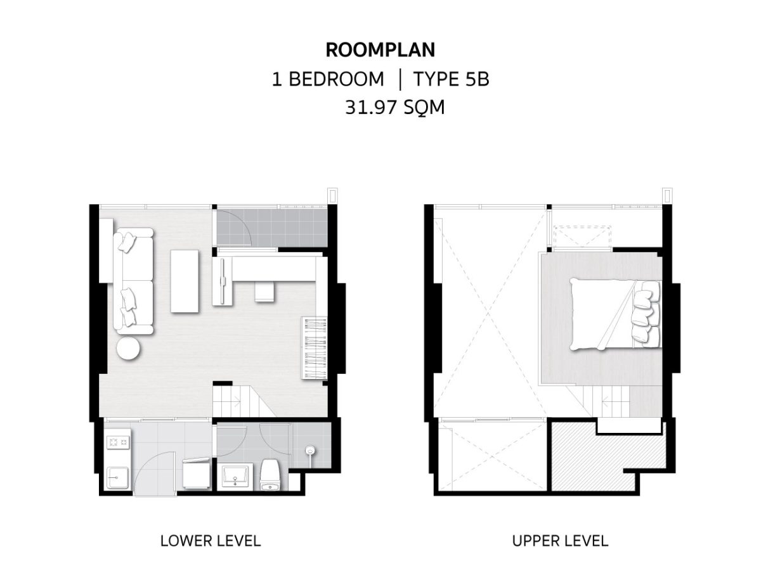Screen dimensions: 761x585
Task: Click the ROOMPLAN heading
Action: (380, 49)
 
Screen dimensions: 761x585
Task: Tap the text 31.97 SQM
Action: (395, 107)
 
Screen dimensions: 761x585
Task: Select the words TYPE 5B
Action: (451, 79)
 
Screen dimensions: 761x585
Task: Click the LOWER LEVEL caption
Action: (211, 541)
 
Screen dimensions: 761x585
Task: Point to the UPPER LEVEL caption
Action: (561, 541)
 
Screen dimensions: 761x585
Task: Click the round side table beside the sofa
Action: (128, 348)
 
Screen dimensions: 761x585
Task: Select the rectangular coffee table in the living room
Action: (184, 281)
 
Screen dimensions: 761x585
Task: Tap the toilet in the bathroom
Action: (270, 475)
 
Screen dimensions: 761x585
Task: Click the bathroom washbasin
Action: (235, 476)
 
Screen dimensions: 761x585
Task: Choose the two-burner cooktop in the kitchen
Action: (119, 442)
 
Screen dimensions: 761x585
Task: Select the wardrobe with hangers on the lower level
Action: (315, 348)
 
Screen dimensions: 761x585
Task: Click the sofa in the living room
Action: (133, 281)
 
